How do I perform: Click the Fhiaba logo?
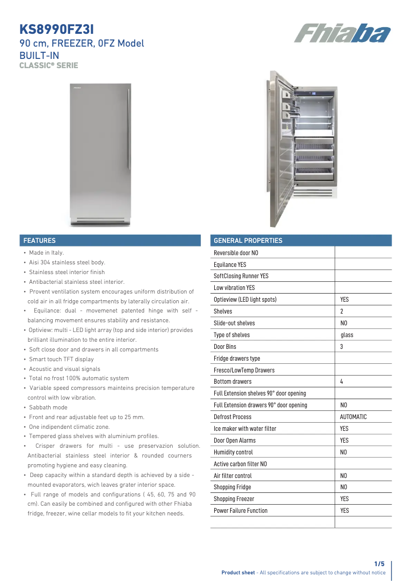(x=342, y=34)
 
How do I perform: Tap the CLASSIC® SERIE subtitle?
(x=49, y=66)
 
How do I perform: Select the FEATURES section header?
(x=39, y=240)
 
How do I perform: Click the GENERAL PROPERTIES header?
(x=248, y=240)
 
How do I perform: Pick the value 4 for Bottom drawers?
(x=341, y=382)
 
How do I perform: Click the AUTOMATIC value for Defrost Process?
(x=353, y=417)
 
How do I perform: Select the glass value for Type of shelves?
(x=347, y=335)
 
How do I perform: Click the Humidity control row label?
(x=233, y=452)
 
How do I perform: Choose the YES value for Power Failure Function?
(x=344, y=511)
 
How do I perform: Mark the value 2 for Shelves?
(x=341, y=312)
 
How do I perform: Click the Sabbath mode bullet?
(x=48, y=407)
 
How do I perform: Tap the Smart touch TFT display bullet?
(x=61, y=359)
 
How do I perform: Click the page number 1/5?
(x=379, y=564)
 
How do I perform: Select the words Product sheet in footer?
(x=238, y=573)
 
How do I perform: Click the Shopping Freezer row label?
(x=234, y=499)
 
